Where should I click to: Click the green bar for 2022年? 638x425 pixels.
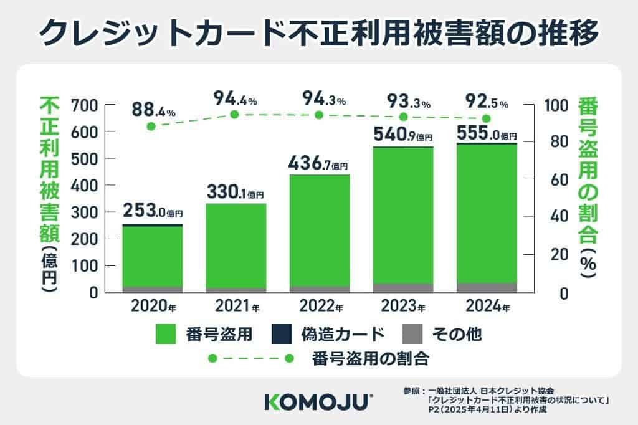pyautogui.click(x=319, y=231)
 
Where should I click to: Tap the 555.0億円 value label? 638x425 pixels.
pyautogui.click(x=486, y=133)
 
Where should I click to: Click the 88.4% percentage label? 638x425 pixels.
pyautogui.click(x=153, y=111)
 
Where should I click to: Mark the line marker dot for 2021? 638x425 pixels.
pyautogui.click(x=234, y=115)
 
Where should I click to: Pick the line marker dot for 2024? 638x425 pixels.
pyautogui.click(x=487, y=118)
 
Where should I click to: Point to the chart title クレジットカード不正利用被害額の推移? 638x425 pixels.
pyautogui.click(x=319, y=31)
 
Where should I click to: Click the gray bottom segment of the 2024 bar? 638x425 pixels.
pyautogui.click(x=487, y=287)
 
